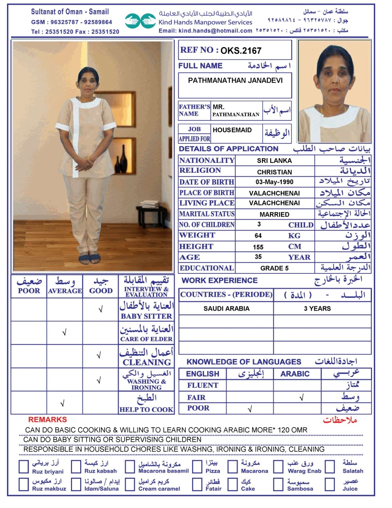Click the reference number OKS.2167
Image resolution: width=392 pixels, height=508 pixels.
241,50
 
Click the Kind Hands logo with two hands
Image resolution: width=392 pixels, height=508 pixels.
140,21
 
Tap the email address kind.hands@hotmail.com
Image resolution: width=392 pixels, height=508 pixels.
215,31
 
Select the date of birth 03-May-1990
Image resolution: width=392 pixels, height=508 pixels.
274,182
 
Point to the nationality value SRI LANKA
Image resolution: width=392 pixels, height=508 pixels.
274,161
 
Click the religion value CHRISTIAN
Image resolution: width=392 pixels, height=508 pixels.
274,172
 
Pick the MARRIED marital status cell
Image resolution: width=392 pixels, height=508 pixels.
274,214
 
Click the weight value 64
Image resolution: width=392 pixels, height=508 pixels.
258,236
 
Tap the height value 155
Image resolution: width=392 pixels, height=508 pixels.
258,247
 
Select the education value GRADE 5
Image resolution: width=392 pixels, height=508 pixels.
274,268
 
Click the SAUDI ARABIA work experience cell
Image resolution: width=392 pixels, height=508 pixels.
226,309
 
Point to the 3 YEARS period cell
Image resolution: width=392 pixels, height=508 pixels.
317,309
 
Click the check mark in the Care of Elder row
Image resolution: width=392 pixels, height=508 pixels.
64,333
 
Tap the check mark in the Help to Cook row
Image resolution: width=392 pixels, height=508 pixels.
62,404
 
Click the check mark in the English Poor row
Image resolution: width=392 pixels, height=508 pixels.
250,409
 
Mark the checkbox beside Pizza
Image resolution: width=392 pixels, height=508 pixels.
197,467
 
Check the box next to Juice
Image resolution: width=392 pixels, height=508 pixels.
330,485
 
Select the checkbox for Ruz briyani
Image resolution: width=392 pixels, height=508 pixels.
24,467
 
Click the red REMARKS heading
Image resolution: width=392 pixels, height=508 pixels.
48,420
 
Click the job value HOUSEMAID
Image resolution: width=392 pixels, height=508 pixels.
232,130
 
